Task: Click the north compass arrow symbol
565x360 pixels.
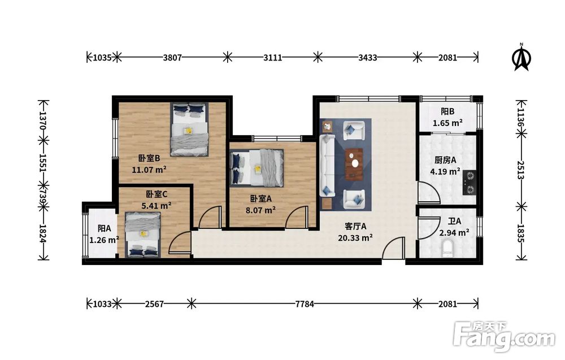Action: tap(521, 58)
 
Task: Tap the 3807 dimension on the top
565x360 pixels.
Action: tap(172, 58)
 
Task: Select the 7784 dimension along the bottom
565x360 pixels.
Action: tap(305, 304)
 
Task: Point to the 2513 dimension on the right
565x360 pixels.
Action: tap(521, 170)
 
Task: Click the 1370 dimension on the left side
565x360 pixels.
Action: tap(44, 120)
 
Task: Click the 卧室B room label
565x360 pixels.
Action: tap(149, 158)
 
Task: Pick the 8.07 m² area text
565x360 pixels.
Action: tap(261, 210)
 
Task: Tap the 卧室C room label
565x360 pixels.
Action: tap(157, 194)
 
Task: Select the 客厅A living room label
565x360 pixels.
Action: tap(355, 226)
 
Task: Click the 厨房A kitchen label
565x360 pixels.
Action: tap(445, 160)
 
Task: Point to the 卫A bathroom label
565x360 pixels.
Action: tap(454, 222)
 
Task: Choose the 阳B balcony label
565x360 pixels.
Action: tap(447, 112)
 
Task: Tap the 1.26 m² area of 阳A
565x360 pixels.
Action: tap(104, 240)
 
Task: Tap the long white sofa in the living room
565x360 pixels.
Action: tap(327, 166)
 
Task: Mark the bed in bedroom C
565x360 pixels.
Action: tap(143, 235)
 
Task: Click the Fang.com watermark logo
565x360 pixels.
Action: tap(504, 337)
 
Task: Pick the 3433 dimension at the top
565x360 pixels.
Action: tap(368, 58)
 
